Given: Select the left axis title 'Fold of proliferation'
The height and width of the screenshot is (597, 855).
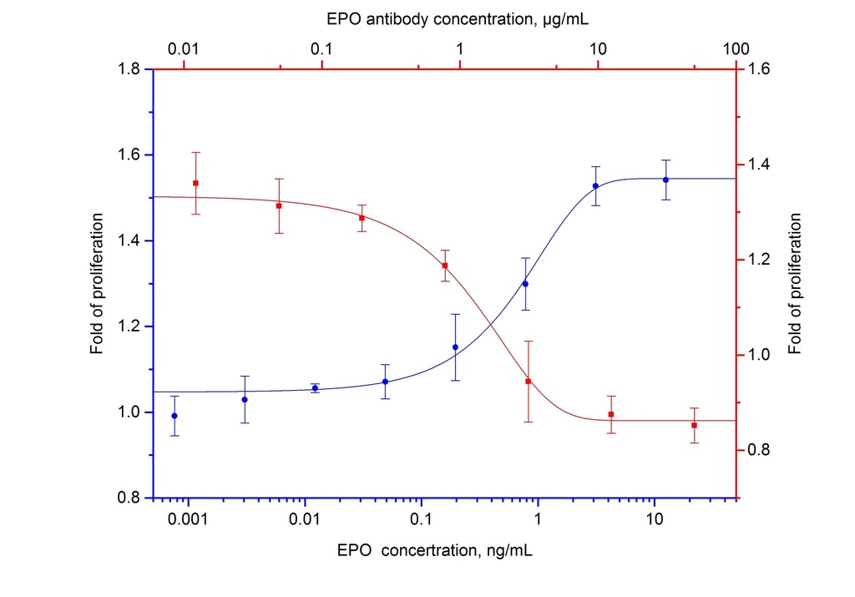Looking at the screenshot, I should (x=98, y=284).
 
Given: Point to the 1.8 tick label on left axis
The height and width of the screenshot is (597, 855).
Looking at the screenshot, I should (x=129, y=68).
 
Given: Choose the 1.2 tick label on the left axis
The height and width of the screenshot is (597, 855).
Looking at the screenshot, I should (x=129, y=326).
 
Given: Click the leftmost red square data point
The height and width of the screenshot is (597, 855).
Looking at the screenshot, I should (x=195, y=183).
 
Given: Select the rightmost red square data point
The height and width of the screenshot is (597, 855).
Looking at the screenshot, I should (x=694, y=425).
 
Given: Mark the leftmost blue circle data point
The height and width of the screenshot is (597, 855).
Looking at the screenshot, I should (x=175, y=416).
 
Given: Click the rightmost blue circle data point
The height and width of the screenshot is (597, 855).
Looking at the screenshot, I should (x=665, y=180).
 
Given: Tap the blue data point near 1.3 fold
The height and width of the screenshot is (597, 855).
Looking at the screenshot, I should (x=525, y=284).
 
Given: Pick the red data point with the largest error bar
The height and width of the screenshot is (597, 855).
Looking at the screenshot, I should (x=529, y=382).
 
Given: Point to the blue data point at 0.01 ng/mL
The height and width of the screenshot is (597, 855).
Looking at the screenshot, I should (x=315, y=388).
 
